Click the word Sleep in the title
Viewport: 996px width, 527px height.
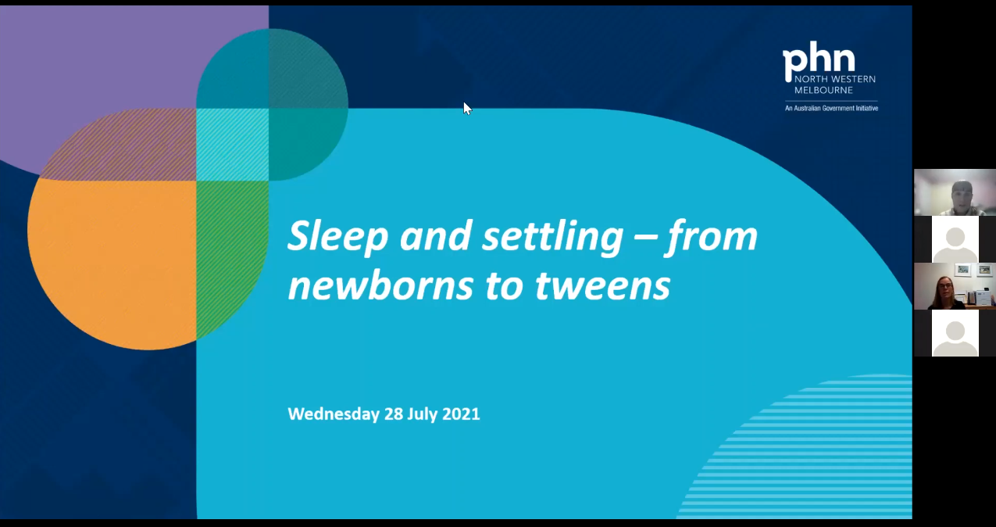(337, 236)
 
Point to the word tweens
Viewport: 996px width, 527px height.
(602, 285)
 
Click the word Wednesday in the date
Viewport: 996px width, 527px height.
(334, 414)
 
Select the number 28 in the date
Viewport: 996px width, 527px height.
(393, 414)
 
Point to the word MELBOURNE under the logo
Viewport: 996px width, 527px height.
(823, 90)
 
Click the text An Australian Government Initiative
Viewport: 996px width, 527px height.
(831, 108)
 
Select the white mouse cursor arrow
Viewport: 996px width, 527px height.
(467, 108)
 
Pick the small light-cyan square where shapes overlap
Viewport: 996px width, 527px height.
(232, 145)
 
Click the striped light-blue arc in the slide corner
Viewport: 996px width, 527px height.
(820, 454)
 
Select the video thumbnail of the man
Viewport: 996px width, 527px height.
(955, 192)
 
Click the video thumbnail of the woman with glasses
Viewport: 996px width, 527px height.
(955, 286)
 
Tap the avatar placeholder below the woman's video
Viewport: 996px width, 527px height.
(955, 333)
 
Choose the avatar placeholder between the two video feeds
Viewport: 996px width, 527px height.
(955, 239)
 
